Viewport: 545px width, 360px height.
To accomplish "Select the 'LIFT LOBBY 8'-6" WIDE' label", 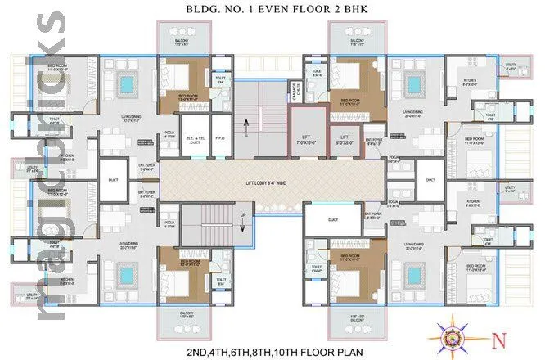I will (269, 187).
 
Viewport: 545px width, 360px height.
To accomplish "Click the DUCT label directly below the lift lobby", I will (332, 219).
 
